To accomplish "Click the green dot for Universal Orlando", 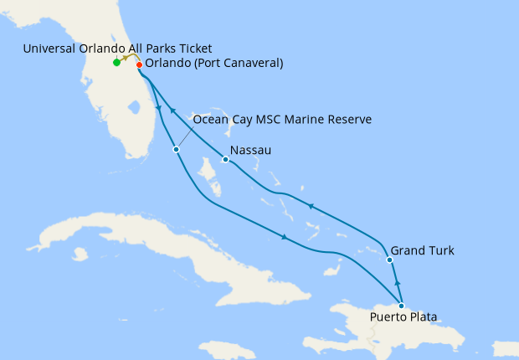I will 116,63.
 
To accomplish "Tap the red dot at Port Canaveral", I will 139,64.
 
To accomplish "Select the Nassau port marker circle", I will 225,159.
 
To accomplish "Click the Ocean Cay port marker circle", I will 176,150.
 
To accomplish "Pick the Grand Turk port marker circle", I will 390,260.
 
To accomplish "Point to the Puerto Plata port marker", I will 402,306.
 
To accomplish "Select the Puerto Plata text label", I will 403,317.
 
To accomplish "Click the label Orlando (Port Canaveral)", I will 213,64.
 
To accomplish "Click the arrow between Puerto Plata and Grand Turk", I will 397,283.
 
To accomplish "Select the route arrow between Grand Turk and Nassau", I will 311,206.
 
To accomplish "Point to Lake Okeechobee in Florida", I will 131,107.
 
